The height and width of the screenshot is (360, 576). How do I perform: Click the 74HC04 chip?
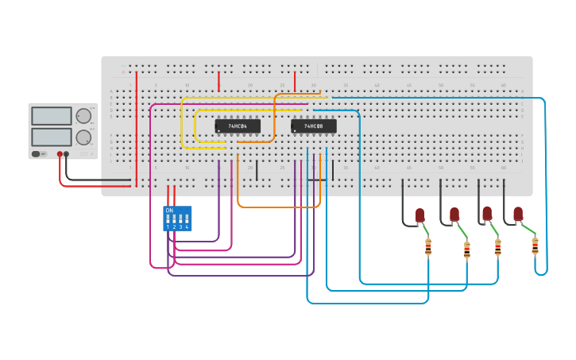pos(238,126)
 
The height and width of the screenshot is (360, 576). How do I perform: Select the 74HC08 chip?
pos(313,126)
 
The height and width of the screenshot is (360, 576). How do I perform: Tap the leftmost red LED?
pos(420,215)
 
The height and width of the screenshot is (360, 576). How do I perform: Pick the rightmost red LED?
pos(518,214)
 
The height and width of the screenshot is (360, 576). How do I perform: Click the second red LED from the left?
pos(454,215)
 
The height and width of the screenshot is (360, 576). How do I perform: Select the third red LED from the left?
pos(487,214)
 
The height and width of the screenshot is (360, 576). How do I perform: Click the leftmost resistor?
pos(428,247)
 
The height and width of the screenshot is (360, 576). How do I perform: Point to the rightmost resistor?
pos(535,246)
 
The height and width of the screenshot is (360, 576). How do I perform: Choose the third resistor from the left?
pos(497,248)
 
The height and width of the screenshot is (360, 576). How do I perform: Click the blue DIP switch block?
pos(177,219)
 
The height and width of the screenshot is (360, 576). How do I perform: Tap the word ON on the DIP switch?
pos(169,211)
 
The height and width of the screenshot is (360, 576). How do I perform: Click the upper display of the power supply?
pos(51,116)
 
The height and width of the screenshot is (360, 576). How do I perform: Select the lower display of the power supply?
pos(51,137)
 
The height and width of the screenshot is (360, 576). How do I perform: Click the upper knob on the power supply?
pos(83,116)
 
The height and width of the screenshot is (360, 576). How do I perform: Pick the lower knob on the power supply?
pos(83,137)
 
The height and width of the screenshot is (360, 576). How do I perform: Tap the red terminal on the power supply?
pos(60,154)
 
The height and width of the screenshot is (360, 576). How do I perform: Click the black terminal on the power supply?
pos(67,154)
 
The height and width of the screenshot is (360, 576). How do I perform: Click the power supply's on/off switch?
pos(37,153)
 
